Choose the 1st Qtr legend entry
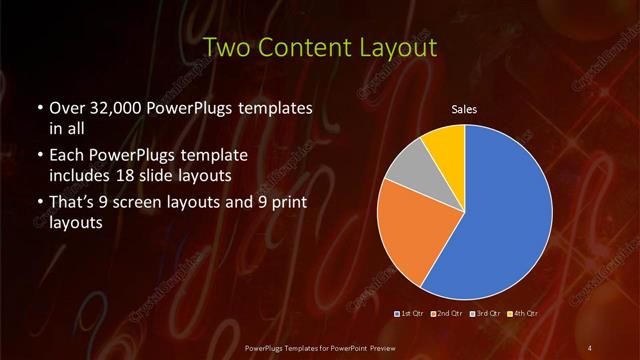pyautogui.click(x=409, y=313)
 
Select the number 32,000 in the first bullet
pyautogui.click(x=116, y=108)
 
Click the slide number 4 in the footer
pyautogui.click(x=590, y=347)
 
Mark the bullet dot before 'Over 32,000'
pyautogui.click(x=38, y=108)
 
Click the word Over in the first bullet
pyautogui.click(x=66, y=108)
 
